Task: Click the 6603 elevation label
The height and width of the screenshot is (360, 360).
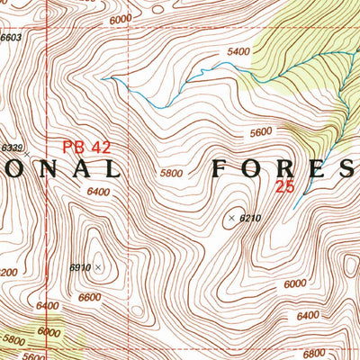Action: tap(10, 38)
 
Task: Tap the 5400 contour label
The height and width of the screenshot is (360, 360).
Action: tap(238, 51)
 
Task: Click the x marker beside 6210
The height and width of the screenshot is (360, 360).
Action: tap(231, 218)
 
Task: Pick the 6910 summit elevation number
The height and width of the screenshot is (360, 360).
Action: tap(81, 267)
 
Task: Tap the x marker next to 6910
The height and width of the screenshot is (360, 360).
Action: tap(98, 267)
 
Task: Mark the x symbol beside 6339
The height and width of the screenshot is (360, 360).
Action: tap(27, 155)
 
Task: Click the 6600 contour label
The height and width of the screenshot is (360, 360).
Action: tap(89, 298)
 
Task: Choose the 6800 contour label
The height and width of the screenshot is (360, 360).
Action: tap(339, 353)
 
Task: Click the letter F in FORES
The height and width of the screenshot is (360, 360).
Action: tap(220, 168)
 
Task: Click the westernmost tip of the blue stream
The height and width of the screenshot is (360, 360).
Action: tap(102, 79)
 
